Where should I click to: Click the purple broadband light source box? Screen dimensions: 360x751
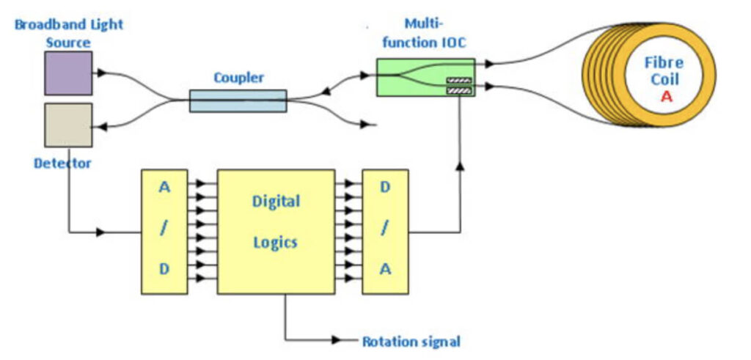coord(68,73)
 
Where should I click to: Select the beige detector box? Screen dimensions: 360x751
coord(68,125)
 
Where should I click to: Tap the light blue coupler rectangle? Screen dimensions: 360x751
coord(238,100)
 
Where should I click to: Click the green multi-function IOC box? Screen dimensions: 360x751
coord(425,77)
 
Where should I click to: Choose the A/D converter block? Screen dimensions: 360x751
coord(164,232)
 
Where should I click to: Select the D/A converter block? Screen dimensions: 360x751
coord(385,232)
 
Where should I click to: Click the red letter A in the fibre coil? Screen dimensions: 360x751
coord(666,97)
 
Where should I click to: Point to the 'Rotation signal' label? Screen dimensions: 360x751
coord(411,341)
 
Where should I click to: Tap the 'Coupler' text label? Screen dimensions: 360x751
coord(238,77)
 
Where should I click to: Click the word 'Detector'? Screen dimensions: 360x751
coord(62,163)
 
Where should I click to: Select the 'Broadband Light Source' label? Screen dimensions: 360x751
coord(69,33)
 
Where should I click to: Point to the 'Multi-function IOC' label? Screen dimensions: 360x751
coord(425,33)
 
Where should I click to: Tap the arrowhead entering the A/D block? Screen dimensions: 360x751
coord(101,232)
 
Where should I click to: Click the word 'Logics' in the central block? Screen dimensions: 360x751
coord(276,242)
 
